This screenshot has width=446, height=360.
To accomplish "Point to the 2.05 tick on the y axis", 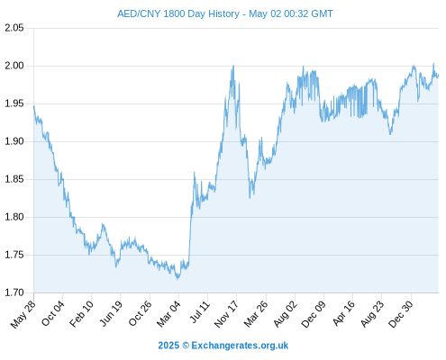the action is click(14, 28).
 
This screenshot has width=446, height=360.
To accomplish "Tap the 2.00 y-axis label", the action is click(14, 66).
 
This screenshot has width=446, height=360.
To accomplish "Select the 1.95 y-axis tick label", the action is click(14, 103).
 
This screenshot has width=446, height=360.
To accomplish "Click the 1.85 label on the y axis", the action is click(14, 179).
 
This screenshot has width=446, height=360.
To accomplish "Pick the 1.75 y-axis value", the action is click(14, 255).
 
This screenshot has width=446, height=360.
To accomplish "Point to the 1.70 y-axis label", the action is click(14, 292).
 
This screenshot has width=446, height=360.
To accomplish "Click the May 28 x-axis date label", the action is click(23, 314).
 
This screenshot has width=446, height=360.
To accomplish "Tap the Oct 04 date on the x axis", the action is click(53, 313).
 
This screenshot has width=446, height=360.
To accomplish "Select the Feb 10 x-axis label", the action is click(81, 314).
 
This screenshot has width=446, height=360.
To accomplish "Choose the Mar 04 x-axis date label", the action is click(168, 314).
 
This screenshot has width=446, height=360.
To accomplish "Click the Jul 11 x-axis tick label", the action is click(199, 312).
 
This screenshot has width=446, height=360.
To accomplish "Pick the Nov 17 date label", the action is click(226, 314).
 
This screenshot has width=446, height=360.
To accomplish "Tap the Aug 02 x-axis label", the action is click(286, 314).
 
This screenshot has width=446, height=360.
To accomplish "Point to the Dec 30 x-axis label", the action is click(401, 314).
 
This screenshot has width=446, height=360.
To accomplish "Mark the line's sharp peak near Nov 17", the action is click(233, 66).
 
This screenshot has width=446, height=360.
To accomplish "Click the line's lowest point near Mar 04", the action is click(177, 279).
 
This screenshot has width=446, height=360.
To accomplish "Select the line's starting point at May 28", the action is click(34, 105).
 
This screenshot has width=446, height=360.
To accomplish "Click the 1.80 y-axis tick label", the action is click(14, 217).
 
